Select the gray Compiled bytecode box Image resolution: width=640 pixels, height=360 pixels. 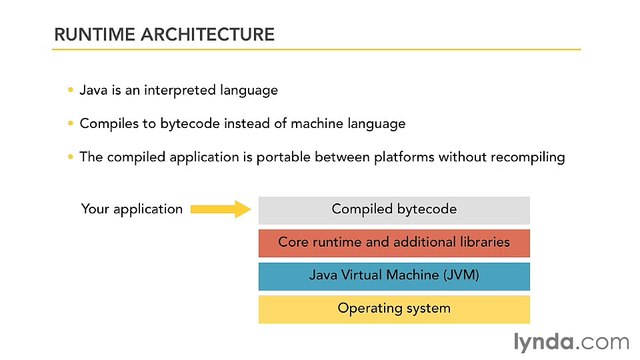(394, 209)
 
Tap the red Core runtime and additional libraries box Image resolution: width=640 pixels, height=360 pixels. (394, 242)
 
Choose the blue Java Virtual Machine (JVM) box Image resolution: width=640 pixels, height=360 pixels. (394, 275)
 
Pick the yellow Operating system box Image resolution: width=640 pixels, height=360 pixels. (394, 308)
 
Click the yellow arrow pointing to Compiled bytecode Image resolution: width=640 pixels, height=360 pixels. (219, 209)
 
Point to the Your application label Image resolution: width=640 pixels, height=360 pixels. (131, 209)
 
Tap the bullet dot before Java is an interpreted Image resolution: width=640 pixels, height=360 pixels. (70, 90)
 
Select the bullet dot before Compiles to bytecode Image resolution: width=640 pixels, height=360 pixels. (70, 123)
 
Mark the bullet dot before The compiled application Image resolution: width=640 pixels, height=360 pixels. (70, 156)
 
